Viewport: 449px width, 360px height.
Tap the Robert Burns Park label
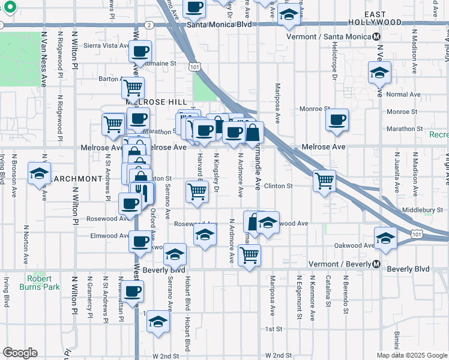[43, 283]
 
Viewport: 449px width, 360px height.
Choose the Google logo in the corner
[20, 353]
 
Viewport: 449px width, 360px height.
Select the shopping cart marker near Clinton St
[324, 179]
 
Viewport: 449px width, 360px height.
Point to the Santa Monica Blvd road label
[217, 25]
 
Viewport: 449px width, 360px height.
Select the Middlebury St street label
[422, 210]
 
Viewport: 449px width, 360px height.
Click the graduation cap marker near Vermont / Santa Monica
[379, 73]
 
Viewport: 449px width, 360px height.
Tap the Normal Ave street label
[403, 94]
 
